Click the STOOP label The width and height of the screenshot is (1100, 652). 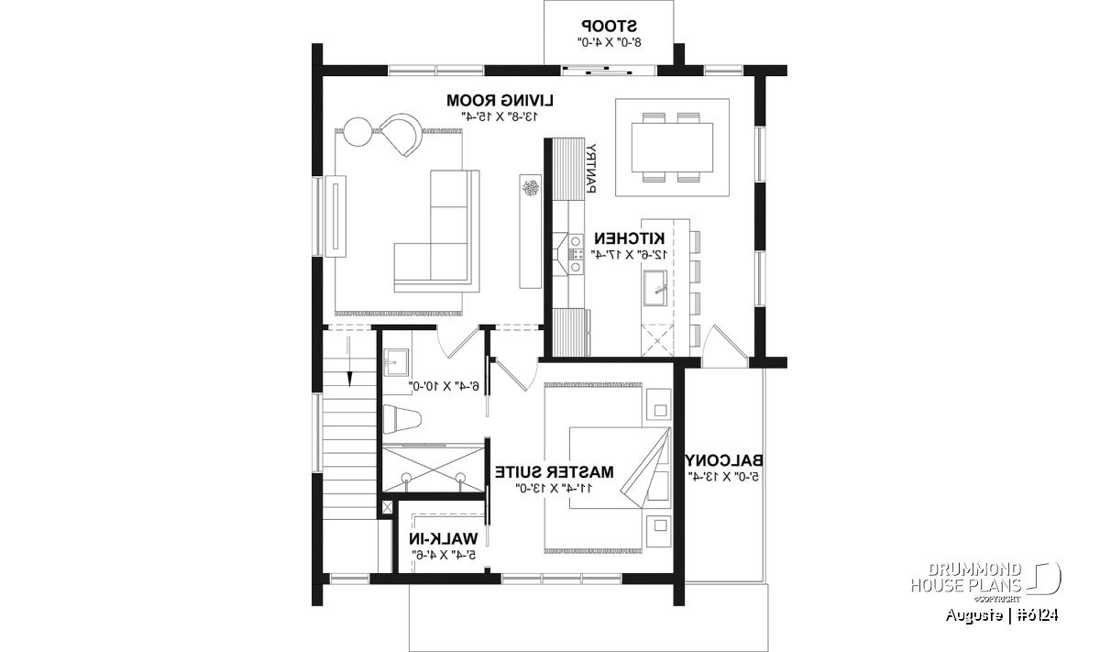[609, 25]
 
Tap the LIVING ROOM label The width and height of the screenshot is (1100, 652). [500, 100]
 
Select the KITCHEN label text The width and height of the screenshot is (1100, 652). [630, 238]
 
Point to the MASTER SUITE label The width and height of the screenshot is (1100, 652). [554, 472]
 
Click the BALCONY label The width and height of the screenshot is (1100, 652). [724, 460]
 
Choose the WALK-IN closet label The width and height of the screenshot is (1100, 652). [444, 539]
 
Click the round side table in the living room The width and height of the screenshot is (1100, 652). [357, 132]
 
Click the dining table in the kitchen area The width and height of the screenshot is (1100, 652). [672, 147]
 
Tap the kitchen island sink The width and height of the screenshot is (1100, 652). [656, 289]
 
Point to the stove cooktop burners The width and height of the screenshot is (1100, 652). [576, 254]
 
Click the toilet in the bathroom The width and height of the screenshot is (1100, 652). [401, 419]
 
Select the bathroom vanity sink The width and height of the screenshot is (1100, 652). [395, 362]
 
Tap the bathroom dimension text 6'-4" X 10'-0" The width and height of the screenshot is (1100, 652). [445, 387]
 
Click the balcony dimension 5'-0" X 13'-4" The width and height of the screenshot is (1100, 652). [724, 476]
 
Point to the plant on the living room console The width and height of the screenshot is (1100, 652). [531, 189]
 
